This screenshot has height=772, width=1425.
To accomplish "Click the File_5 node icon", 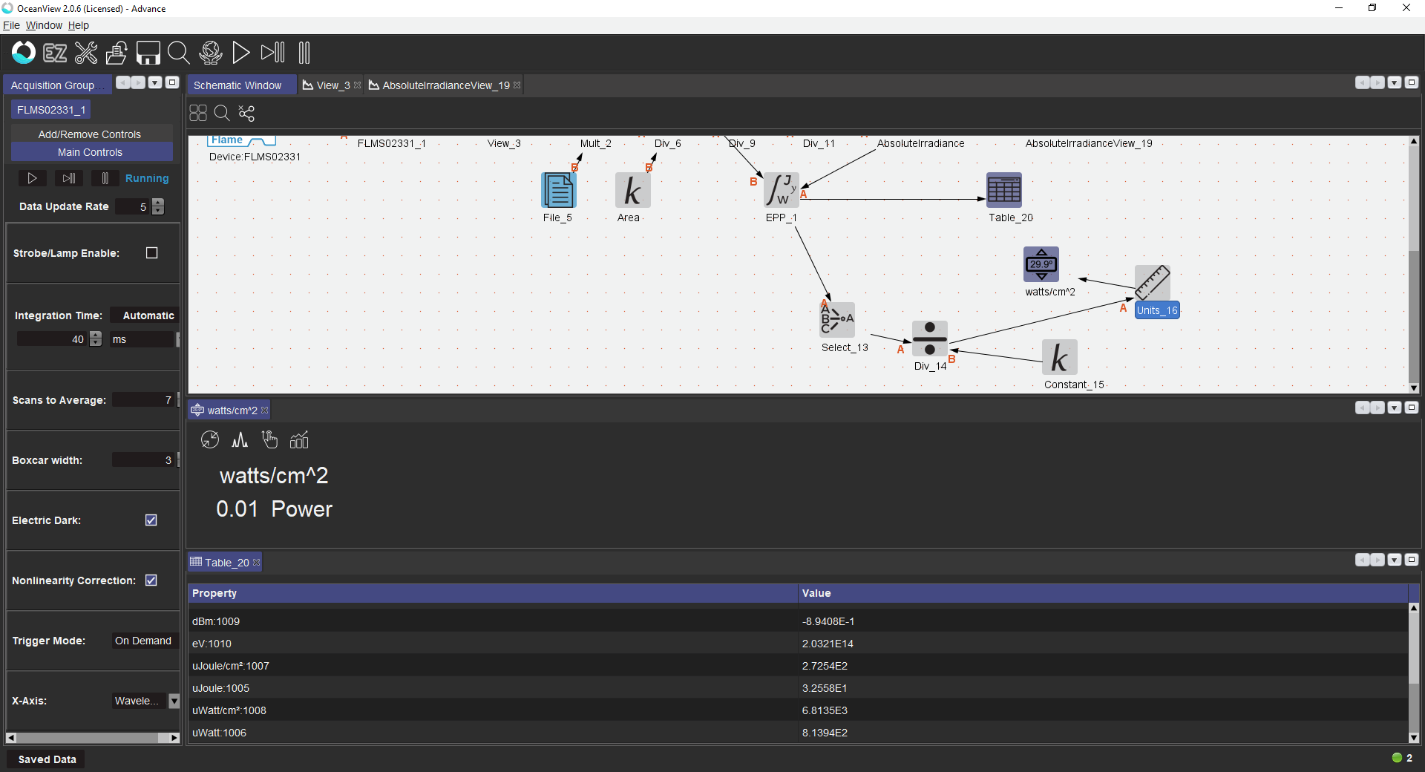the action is click(x=559, y=190).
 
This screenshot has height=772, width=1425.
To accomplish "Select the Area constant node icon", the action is click(x=633, y=190).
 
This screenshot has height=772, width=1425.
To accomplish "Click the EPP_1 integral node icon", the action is click(x=782, y=190).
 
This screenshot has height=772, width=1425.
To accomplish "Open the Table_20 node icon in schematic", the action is click(x=1004, y=190).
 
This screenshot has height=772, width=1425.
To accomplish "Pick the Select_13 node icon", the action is click(x=837, y=320).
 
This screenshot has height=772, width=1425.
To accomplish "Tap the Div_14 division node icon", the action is click(x=930, y=338).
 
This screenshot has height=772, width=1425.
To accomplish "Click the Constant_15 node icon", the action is click(x=1060, y=357).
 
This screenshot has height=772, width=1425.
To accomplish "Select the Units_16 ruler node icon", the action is click(x=1153, y=283).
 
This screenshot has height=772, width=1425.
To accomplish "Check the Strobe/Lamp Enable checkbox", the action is click(x=152, y=253).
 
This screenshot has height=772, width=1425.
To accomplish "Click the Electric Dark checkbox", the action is click(x=151, y=520).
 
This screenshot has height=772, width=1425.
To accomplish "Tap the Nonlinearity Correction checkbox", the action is click(x=151, y=580).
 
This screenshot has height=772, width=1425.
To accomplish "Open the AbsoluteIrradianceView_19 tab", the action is click(x=445, y=85).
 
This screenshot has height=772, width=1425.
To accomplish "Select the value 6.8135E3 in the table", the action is click(x=825, y=710).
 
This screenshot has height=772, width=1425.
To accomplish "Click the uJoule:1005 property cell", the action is click(x=220, y=688).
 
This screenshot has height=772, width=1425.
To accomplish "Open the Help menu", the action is click(x=79, y=25).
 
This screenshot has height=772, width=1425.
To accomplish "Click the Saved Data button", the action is click(x=47, y=759).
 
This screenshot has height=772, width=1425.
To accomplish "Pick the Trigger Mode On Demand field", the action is click(x=144, y=641).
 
